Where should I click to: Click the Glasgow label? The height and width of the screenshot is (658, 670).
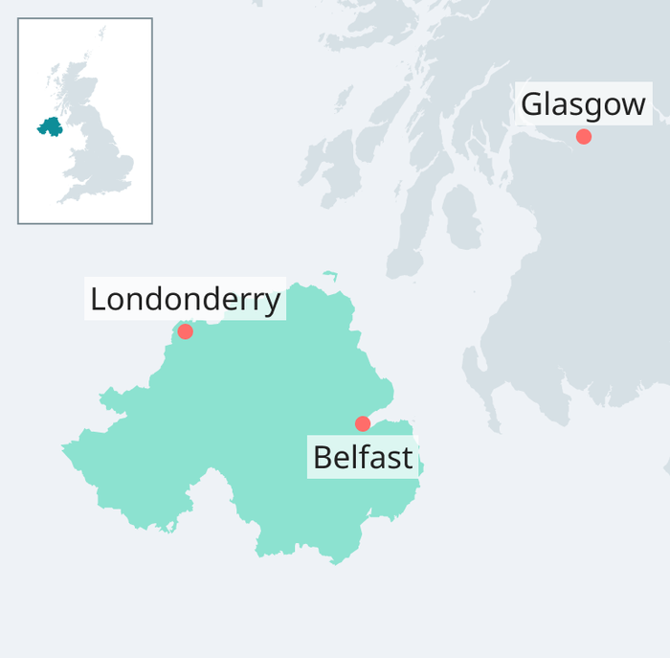pos(583,103)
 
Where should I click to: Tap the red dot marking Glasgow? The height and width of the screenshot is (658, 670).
pos(584,137)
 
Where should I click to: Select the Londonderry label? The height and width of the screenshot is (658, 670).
pos(185,300)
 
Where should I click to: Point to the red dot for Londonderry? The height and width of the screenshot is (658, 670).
pos(185,331)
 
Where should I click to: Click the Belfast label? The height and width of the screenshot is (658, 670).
pos(363,458)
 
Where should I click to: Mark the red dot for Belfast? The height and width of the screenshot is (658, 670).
pos(363,423)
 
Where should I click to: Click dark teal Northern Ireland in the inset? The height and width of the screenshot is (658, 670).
pos(49,126)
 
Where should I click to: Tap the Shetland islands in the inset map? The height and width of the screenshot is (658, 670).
pos(101,33)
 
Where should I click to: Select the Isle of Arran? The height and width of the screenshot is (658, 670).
pos(460,216)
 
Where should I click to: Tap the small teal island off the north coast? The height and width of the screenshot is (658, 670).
pos(330,275)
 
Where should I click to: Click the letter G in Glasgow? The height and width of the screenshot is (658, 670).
pos(532,104)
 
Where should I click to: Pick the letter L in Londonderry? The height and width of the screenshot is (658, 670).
pos(98,300)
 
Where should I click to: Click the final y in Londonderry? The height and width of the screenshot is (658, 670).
pos(273,304)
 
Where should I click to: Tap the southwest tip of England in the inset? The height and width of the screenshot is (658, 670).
pos(60,200)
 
